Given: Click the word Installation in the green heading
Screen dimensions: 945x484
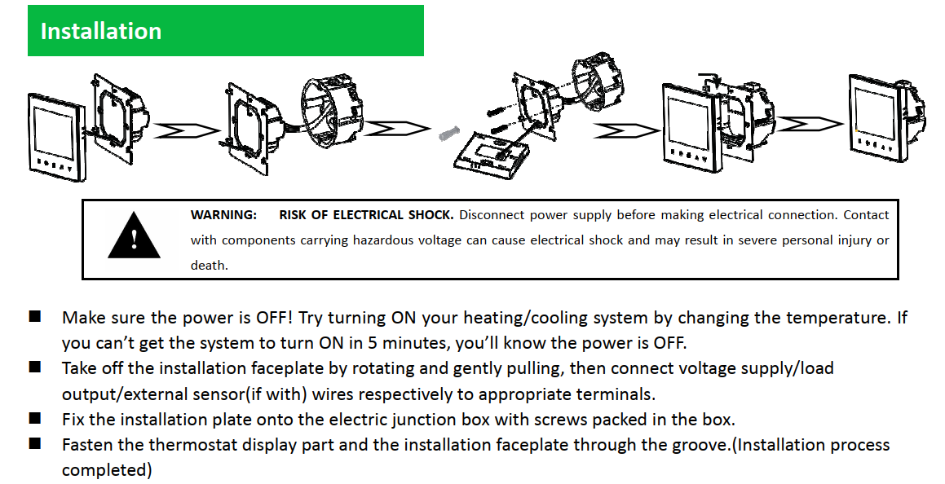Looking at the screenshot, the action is tap(100, 31).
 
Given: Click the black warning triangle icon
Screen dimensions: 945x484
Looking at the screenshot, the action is tap(134, 235).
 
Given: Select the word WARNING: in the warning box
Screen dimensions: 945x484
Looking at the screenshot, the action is tap(223, 215).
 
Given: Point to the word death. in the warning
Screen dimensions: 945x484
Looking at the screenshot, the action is tap(209, 266).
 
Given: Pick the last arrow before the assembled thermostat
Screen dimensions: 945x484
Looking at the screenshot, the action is tap(810, 124).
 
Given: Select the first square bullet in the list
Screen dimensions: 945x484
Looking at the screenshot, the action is tap(34, 317).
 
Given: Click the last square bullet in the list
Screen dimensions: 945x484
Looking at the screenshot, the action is tap(34, 443).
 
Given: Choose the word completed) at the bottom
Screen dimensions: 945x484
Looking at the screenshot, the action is tap(108, 470).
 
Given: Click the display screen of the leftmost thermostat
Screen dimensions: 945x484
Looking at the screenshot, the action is tap(53, 130).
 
